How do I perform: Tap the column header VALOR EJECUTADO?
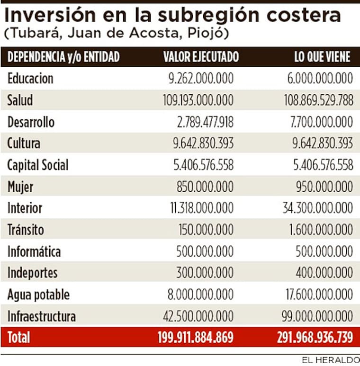click(201, 57)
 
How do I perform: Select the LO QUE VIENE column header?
click(322, 57)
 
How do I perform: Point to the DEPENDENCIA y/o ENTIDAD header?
click(63, 57)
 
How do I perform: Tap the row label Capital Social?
click(38, 165)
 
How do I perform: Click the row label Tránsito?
click(26, 230)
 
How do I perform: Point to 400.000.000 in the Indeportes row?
click(325, 273)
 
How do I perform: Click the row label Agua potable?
click(38, 295)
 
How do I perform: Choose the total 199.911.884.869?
click(195, 338)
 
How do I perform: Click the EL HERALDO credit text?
click(330, 360)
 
